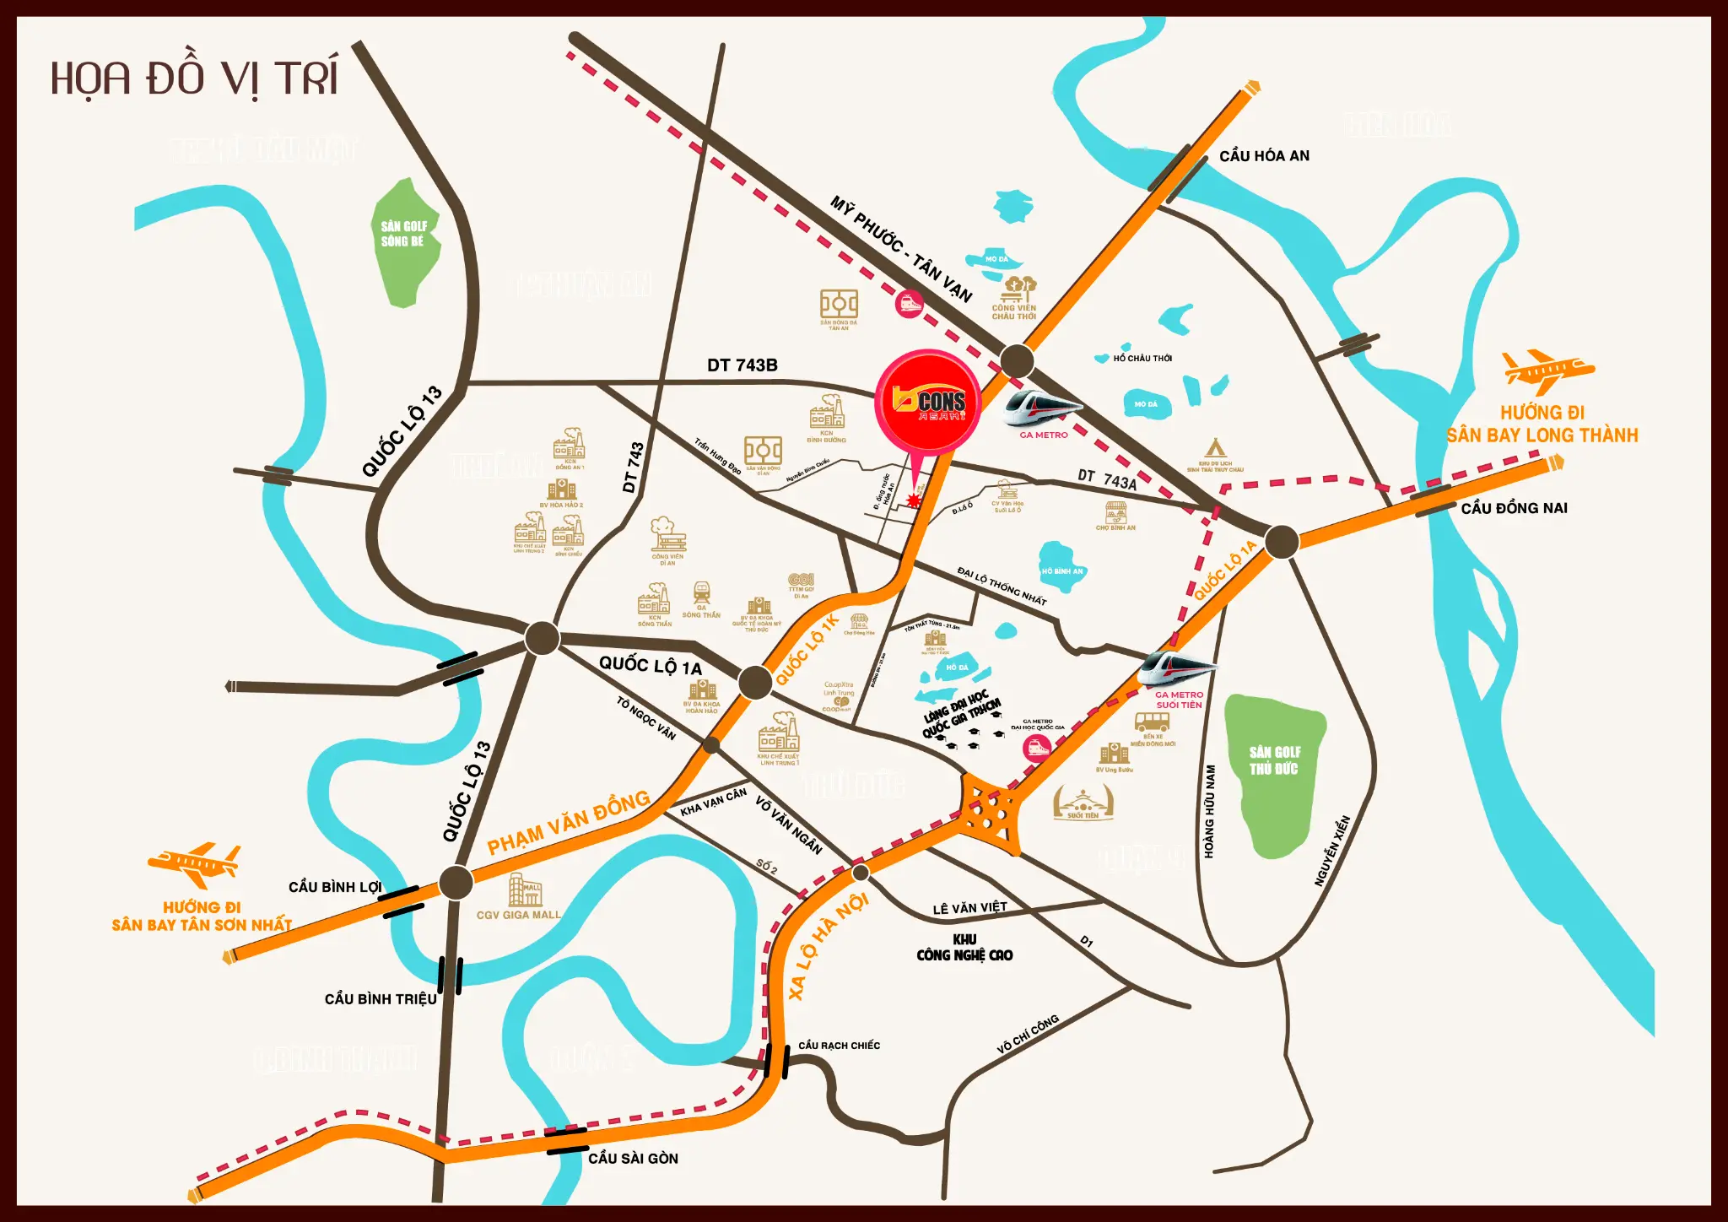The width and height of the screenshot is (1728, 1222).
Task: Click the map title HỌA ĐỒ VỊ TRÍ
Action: (x=194, y=78)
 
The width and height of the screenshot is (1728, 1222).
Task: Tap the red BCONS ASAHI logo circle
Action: (x=929, y=403)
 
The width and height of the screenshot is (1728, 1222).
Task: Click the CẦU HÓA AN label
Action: (x=1264, y=156)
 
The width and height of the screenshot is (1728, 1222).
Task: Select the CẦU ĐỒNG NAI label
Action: (x=1514, y=508)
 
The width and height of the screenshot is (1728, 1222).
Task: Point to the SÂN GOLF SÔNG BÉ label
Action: (x=403, y=234)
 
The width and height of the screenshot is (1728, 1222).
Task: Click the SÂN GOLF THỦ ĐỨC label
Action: (x=1274, y=760)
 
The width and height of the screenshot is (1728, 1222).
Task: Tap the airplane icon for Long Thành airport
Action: (x=1547, y=371)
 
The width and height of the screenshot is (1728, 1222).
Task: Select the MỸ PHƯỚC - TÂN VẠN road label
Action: (x=901, y=249)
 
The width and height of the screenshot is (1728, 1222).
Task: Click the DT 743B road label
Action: (x=742, y=365)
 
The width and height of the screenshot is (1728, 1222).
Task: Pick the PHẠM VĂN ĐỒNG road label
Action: (x=569, y=822)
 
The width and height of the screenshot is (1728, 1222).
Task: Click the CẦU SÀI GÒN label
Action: (x=633, y=1159)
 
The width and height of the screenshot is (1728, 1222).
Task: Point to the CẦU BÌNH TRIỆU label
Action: (x=381, y=999)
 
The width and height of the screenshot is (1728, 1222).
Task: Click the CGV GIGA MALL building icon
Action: (x=525, y=889)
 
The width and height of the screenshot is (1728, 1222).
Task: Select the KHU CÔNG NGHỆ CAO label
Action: (x=964, y=948)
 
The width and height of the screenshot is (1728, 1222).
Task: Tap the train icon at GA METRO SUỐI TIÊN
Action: (x=1177, y=667)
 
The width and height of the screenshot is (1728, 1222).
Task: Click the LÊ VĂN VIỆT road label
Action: (x=969, y=908)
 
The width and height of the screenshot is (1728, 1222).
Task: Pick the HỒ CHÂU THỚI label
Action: (x=1142, y=359)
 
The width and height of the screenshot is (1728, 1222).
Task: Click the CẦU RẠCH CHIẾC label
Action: (x=839, y=1046)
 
